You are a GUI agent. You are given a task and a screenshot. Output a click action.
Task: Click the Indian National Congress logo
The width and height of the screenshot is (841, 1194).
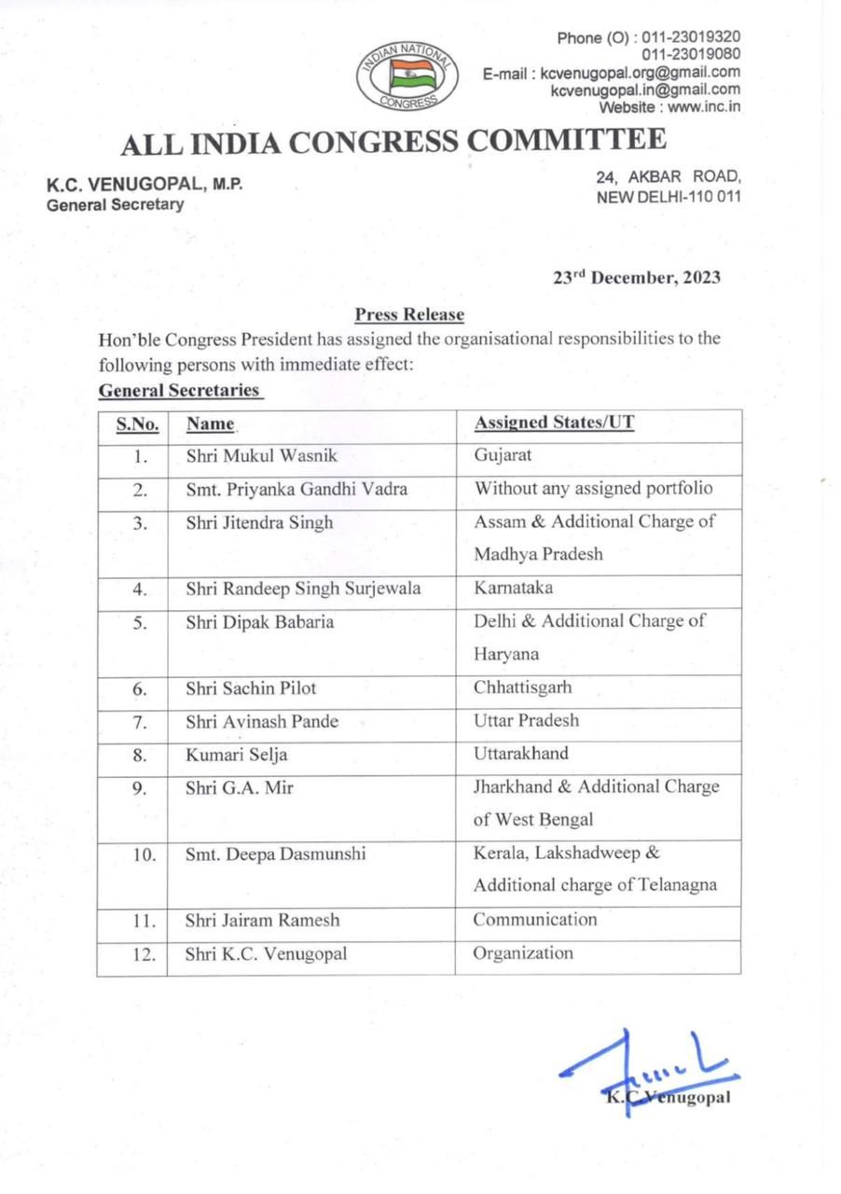[x=406, y=74]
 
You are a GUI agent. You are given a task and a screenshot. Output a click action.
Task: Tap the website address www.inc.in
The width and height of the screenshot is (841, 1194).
[x=705, y=106]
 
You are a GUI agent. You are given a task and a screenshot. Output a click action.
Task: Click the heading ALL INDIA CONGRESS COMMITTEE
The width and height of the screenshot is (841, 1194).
[x=394, y=142]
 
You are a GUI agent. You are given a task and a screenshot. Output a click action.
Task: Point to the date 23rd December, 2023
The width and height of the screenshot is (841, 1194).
[x=637, y=277]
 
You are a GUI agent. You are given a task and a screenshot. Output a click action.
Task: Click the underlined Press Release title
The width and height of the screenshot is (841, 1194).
[x=409, y=315]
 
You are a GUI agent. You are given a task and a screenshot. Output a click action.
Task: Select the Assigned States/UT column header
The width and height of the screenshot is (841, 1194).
[x=555, y=423]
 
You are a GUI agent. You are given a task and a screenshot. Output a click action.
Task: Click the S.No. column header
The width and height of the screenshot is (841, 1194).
[x=136, y=424]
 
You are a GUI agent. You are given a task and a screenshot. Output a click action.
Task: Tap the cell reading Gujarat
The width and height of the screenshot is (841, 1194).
[x=503, y=456]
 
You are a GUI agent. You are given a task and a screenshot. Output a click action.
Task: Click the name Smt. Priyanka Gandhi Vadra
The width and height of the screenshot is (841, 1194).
[x=296, y=489]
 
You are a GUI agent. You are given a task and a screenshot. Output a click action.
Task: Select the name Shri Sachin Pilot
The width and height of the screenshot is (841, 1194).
[x=252, y=688]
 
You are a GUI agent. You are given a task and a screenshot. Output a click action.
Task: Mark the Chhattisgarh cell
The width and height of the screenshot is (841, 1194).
[x=523, y=688]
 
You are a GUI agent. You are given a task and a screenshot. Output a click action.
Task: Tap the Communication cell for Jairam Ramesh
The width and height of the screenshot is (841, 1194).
[x=535, y=920]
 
